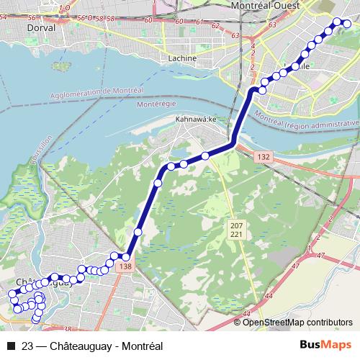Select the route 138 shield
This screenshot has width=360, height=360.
(127, 267)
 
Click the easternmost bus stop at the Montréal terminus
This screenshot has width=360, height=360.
(347, 24)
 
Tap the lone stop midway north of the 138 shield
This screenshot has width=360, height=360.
(138, 232)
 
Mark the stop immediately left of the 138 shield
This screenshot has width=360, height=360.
(114, 256)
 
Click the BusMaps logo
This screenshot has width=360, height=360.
(325, 345)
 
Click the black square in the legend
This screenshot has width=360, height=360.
(11, 346)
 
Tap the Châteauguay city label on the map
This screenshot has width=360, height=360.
(40, 282)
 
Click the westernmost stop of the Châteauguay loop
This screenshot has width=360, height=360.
(12, 294)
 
